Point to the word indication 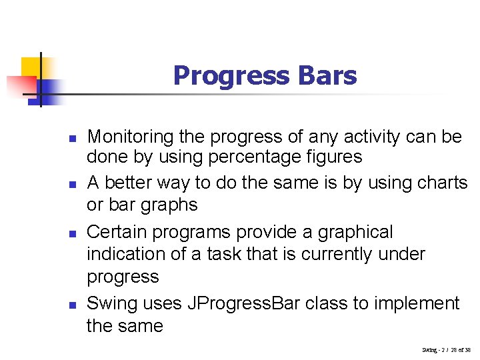[121, 254]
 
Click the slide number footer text [446, 349]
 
